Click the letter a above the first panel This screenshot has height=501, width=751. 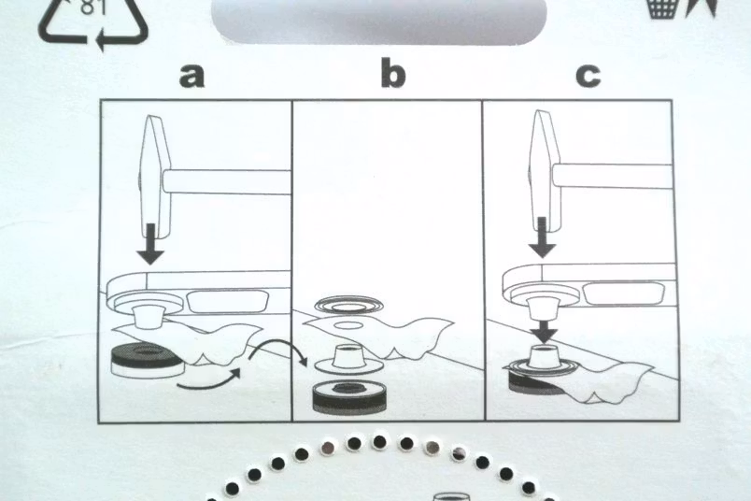coord(192,76)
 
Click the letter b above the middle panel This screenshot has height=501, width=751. coord(392,72)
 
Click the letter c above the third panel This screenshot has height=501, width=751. coord(588,76)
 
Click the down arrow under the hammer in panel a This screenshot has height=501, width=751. coord(150,244)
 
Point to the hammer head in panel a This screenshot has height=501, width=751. coord(154,177)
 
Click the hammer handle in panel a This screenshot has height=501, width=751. coord(227,182)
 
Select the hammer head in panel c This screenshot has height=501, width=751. coord(544,171)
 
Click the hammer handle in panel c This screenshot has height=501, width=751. coord(612,176)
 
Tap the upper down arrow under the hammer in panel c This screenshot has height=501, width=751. coord(542,237)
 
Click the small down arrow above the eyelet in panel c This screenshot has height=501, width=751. coord(544,330)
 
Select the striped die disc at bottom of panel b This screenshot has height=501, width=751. coord(348,396)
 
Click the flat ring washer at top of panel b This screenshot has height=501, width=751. coord(348,305)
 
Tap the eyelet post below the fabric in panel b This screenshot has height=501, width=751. coord(348,359)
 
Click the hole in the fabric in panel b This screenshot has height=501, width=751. coord(349,325)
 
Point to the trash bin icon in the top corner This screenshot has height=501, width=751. coord(662,8)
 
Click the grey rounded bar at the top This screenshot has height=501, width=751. coord(379,21)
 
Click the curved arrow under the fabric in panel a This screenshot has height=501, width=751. coord(209,378)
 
